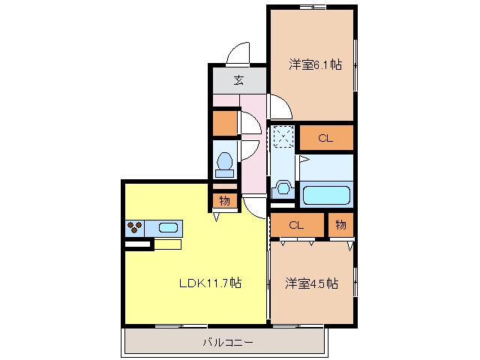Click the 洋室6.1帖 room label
315,65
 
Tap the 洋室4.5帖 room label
310,283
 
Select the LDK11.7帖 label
209,283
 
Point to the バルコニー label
227,343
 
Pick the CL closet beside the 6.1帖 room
325,138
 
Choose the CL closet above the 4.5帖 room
295,224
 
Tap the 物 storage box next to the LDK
224,200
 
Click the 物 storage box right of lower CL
340,224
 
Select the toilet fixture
223,163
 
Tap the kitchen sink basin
167,227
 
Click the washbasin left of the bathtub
283,187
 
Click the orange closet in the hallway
224,122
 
